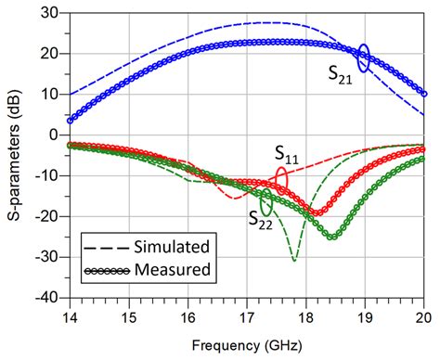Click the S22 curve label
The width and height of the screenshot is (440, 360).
(261, 218)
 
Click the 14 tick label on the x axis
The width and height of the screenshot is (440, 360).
(69, 315)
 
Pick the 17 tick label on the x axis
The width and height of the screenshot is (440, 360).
(247, 315)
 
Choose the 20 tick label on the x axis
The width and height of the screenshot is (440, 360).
(423, 315)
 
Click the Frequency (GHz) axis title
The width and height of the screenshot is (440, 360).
(246, 344)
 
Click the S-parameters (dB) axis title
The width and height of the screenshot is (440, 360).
(13, 155)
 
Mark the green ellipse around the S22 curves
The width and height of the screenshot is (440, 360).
(267, 200)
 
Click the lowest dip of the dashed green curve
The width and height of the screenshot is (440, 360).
(294, 261)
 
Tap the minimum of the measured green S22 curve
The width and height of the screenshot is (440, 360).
(331, 238)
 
